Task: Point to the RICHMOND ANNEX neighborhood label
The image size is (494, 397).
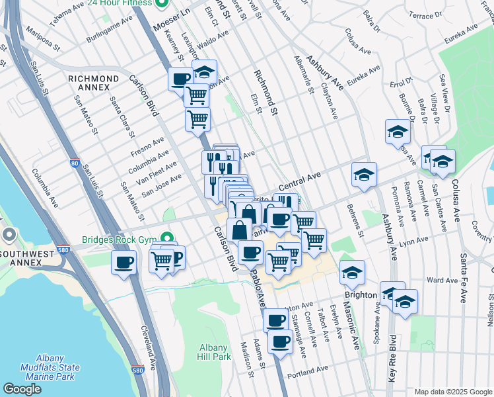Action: [x=93, y=79]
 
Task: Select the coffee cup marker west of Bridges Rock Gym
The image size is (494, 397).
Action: [x=123, y=263]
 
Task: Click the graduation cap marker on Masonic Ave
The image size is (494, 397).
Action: [x=353, y=273]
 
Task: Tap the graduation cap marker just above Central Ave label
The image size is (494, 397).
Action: [x=364, y=175]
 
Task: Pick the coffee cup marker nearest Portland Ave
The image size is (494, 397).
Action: [x=281, y=342]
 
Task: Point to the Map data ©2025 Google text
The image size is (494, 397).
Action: [x=452, y=392]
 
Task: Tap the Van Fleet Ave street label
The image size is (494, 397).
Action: [x=157, y=171]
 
